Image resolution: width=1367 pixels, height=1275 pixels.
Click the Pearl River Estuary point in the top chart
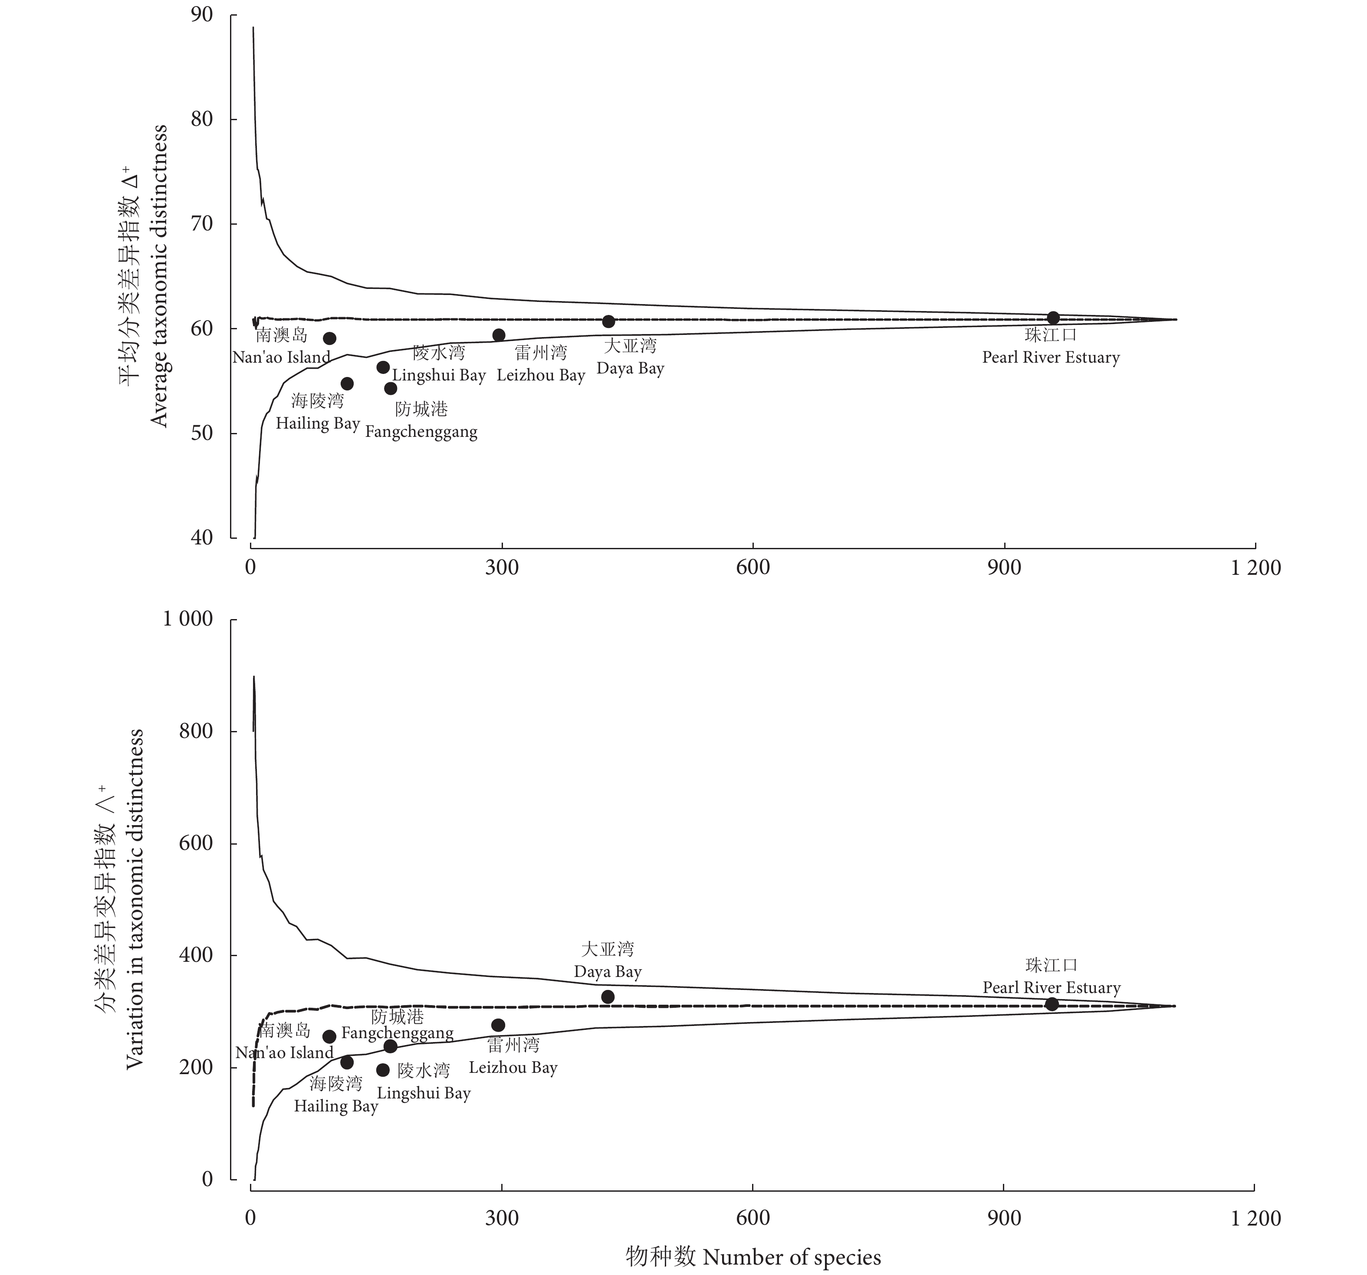1053,318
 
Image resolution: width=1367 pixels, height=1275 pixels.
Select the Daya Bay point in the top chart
608,321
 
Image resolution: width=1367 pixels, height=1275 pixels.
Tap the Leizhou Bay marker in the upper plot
499,335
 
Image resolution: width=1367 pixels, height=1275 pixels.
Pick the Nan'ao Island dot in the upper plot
329,338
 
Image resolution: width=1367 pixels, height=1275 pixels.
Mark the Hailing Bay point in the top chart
347,383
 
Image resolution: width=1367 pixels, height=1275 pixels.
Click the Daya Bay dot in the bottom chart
608,996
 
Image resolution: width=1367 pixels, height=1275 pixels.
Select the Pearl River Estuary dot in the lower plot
1052,1004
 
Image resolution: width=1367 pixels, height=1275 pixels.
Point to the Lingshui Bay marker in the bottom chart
383,1070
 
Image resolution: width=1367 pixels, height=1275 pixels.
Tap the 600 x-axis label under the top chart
753,568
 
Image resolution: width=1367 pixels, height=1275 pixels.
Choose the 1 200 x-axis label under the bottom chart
1255,1219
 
